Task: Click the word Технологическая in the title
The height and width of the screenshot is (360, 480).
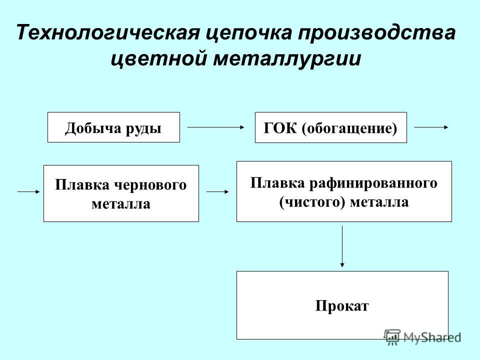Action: [108, 32]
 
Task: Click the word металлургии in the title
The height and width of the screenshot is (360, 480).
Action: [287, 59]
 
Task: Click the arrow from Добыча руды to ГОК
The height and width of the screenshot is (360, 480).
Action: [216, 127]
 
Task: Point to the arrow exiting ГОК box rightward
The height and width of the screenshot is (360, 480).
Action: [431, 127]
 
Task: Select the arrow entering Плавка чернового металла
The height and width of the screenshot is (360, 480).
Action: [29, 191]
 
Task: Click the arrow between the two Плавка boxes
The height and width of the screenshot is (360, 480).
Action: [217, 191]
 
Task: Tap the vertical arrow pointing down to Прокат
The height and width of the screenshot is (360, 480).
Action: [342, 246]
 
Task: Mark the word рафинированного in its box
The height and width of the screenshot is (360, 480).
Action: [373, 184]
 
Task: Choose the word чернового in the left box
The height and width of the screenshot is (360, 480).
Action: [150, 185]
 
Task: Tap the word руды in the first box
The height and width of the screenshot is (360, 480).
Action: [143, 128]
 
